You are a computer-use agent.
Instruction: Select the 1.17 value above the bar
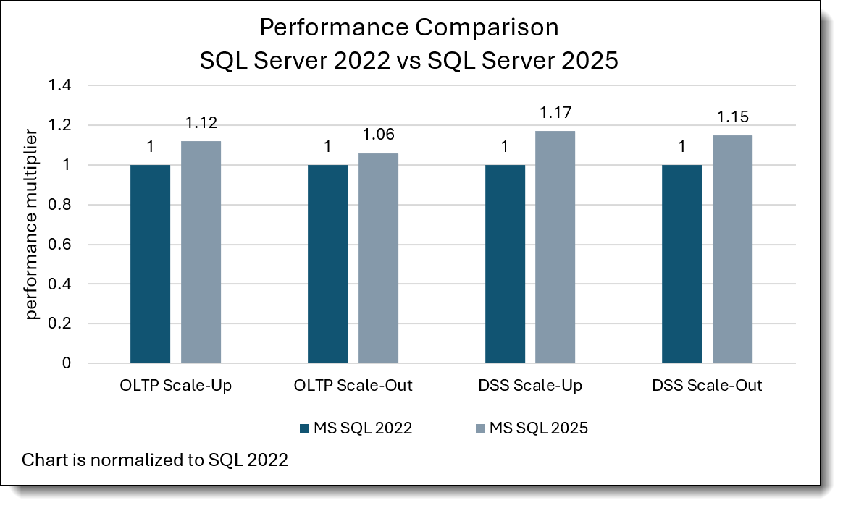coord(555,114)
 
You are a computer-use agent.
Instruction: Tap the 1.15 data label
coord(732,118)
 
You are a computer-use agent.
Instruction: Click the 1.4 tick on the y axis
coord(59,85)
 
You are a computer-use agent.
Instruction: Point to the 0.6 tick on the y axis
coord(59,245)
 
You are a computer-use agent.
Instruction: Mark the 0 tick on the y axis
coord(67,363)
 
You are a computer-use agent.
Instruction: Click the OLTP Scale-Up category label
coord(176,386)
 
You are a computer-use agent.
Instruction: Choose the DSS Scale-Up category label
coord(530,386)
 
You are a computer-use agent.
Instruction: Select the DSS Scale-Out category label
coord(708,386)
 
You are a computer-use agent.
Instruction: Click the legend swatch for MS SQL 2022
coord(305,428)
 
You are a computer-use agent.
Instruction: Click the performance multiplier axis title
coord(33,224)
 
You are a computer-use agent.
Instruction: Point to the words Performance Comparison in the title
coord(408,28)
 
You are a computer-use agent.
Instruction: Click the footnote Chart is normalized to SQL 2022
coord(155,460)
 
